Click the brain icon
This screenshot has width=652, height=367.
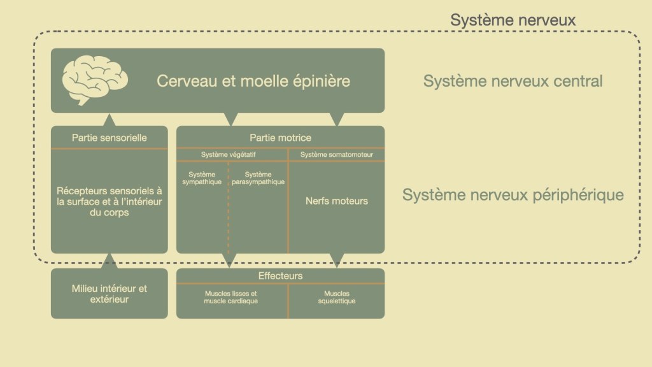[x=95, y=80]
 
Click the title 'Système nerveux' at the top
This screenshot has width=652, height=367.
[x=513, y=20]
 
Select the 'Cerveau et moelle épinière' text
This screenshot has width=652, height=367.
[x=253, y=82]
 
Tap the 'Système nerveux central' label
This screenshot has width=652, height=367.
[x=513, y=82]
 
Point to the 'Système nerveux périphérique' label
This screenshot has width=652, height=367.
[x=513, y=195]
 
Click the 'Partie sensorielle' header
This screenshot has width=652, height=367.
[x=109, y=137]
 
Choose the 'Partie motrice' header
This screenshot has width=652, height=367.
[x=280, y=137]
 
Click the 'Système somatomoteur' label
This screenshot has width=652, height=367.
[x=336, y=155]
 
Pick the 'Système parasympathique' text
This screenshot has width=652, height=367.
[x=258, y=178]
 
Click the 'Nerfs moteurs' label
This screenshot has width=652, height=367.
[x=336, y=201]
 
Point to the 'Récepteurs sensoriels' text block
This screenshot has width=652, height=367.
[x=110, y=201]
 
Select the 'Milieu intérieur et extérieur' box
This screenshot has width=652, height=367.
[x=110, y=294]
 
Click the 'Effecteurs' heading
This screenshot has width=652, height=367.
[x=280, y=276]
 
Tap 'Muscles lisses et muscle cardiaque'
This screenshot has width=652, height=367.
[x=231, y=297]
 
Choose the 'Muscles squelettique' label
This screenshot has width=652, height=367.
[x=336, y=297]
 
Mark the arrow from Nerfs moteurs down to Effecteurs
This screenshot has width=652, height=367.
[x=336, y=260]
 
